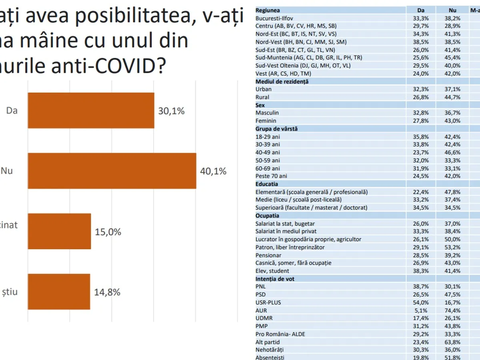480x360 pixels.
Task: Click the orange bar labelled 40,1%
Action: tap(112, 171)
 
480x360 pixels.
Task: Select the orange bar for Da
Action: tap(91, 110)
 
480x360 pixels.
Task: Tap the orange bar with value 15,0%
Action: tap(59, 231)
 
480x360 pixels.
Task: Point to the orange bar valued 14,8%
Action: tap(59, 292)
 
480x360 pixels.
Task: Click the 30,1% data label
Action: tap(172, 111)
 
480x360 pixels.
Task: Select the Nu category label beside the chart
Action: tap(7, 171)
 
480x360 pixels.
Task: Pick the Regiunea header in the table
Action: tap(268, 10)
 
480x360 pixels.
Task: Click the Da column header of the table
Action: tap(421, 10)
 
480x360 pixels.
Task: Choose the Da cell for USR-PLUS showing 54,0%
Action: tap(421, 302)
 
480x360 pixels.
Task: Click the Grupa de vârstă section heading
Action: tap(276, 129)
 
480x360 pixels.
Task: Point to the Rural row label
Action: tap(262, 97)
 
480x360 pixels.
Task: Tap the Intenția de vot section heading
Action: tap(275, 279)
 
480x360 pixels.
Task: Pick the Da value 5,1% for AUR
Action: tap(421, 310)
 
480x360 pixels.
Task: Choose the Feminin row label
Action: tap(266, 121)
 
